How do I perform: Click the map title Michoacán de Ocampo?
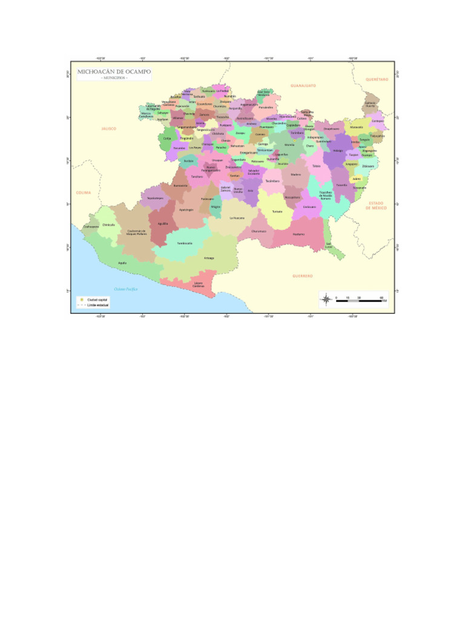pyautogui.click(x=114, y=72)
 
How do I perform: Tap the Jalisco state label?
pyautogui.click(x=109, y=128)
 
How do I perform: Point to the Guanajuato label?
pyautogui.click(x=303, y=86)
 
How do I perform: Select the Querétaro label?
pyautogui.click(x=376, y=79)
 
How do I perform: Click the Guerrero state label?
pyautogui.click(x=302, y=275)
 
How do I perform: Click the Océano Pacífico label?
pyautogui.click(x=127, y=289)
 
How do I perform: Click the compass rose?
pyautogui.click(x=326, y=298)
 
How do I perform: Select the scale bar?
pyautogui.click(x=361, y=301)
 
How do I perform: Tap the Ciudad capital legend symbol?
pyautogui.click(x=79, y=299)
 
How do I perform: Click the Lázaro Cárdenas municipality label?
pyautogui.click(x=199, y=284)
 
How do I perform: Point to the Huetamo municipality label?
pyautogui.click(x=298, y=234)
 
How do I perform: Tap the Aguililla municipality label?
pyautogui.click(x=162, y=223)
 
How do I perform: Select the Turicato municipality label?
pyautogui.click(x=277, y=211)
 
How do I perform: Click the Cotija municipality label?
pyautogui.click(x=167, y=138)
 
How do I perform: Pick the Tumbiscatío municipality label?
pyautogui.click(x=185, y=243)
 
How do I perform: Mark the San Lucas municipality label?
pyautogui.click(x=329, y=245)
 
